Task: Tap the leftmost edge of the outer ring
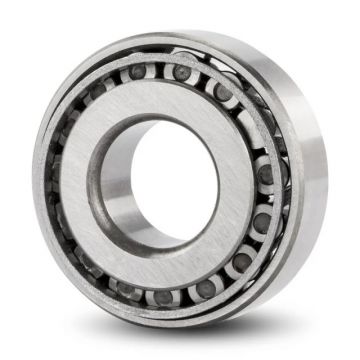[x=32, y=180]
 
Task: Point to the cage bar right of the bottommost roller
[x=185, y=294]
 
